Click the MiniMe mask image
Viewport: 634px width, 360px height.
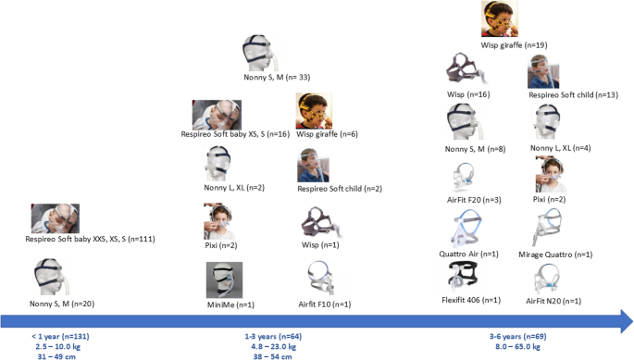pos(224,279)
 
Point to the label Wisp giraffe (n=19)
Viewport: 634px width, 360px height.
pos(514,44)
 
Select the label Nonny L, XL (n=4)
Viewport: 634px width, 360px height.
pos(554,148)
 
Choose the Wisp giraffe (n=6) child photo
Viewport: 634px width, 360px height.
pos(313,111)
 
